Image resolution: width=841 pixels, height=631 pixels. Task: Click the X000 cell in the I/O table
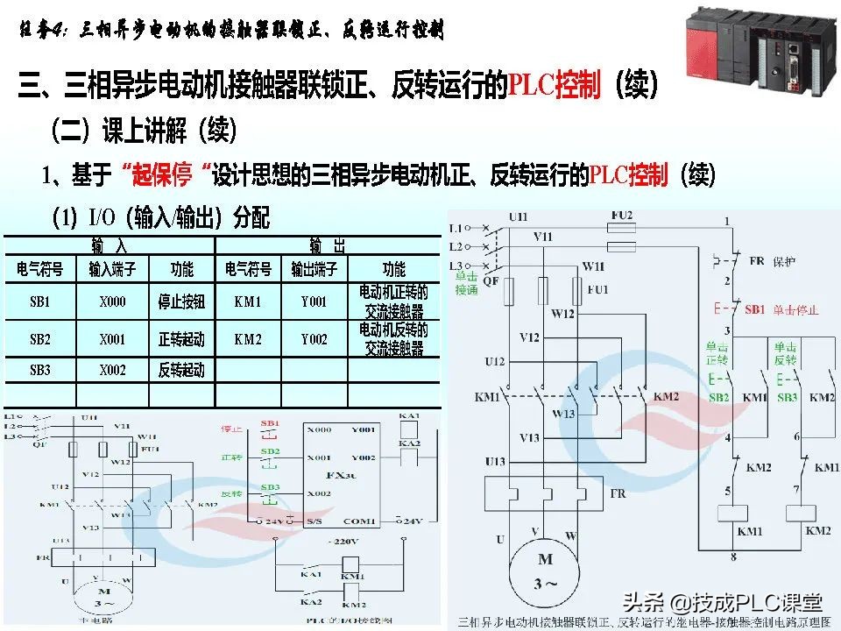112,302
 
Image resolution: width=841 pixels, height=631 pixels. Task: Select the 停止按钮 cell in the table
181,302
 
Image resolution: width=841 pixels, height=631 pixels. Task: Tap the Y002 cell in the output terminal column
314,339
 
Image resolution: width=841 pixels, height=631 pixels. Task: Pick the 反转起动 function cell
181,370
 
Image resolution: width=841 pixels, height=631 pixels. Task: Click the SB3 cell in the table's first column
40,370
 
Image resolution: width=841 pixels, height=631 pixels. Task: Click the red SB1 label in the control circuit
754,310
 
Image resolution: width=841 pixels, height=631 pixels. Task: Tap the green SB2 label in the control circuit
718,397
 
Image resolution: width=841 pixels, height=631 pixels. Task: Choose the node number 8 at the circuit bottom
732,557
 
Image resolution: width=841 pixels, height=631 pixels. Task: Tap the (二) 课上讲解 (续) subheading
144,131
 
